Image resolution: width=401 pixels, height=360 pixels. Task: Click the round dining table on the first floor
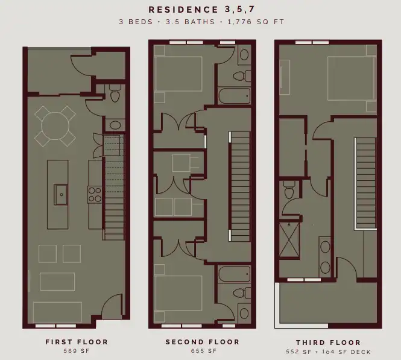(55, 125)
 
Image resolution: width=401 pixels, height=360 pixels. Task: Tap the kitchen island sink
(61, 195)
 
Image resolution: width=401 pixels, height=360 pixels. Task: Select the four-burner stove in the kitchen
(95, 195)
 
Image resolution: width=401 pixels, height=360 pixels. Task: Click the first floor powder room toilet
(115, 93)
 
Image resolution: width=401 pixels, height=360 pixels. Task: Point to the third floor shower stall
(289, 240)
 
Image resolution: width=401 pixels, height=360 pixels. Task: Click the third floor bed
(352, 78)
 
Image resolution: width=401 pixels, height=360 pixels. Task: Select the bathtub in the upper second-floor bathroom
(235, 96)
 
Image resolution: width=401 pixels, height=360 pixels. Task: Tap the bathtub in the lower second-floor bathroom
(235, 274)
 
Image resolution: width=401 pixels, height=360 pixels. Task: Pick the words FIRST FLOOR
(77, 342)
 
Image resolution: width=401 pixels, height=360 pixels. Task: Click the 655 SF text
(204, 351)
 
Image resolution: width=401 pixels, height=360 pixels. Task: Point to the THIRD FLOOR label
(329, 343)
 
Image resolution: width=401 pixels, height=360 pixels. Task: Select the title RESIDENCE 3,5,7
(202, 10)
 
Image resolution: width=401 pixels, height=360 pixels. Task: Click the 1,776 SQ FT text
(256, 22)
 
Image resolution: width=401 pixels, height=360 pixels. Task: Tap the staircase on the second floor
(240, 186)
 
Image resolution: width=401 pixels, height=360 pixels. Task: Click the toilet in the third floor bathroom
(289, 189)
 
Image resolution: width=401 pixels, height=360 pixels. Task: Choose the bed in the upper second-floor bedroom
(178, 74)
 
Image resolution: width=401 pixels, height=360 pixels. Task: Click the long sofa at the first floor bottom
(57, 312)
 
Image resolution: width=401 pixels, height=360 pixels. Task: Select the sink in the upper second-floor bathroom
(244, 55)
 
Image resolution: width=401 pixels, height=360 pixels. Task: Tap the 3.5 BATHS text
(191, 22)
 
